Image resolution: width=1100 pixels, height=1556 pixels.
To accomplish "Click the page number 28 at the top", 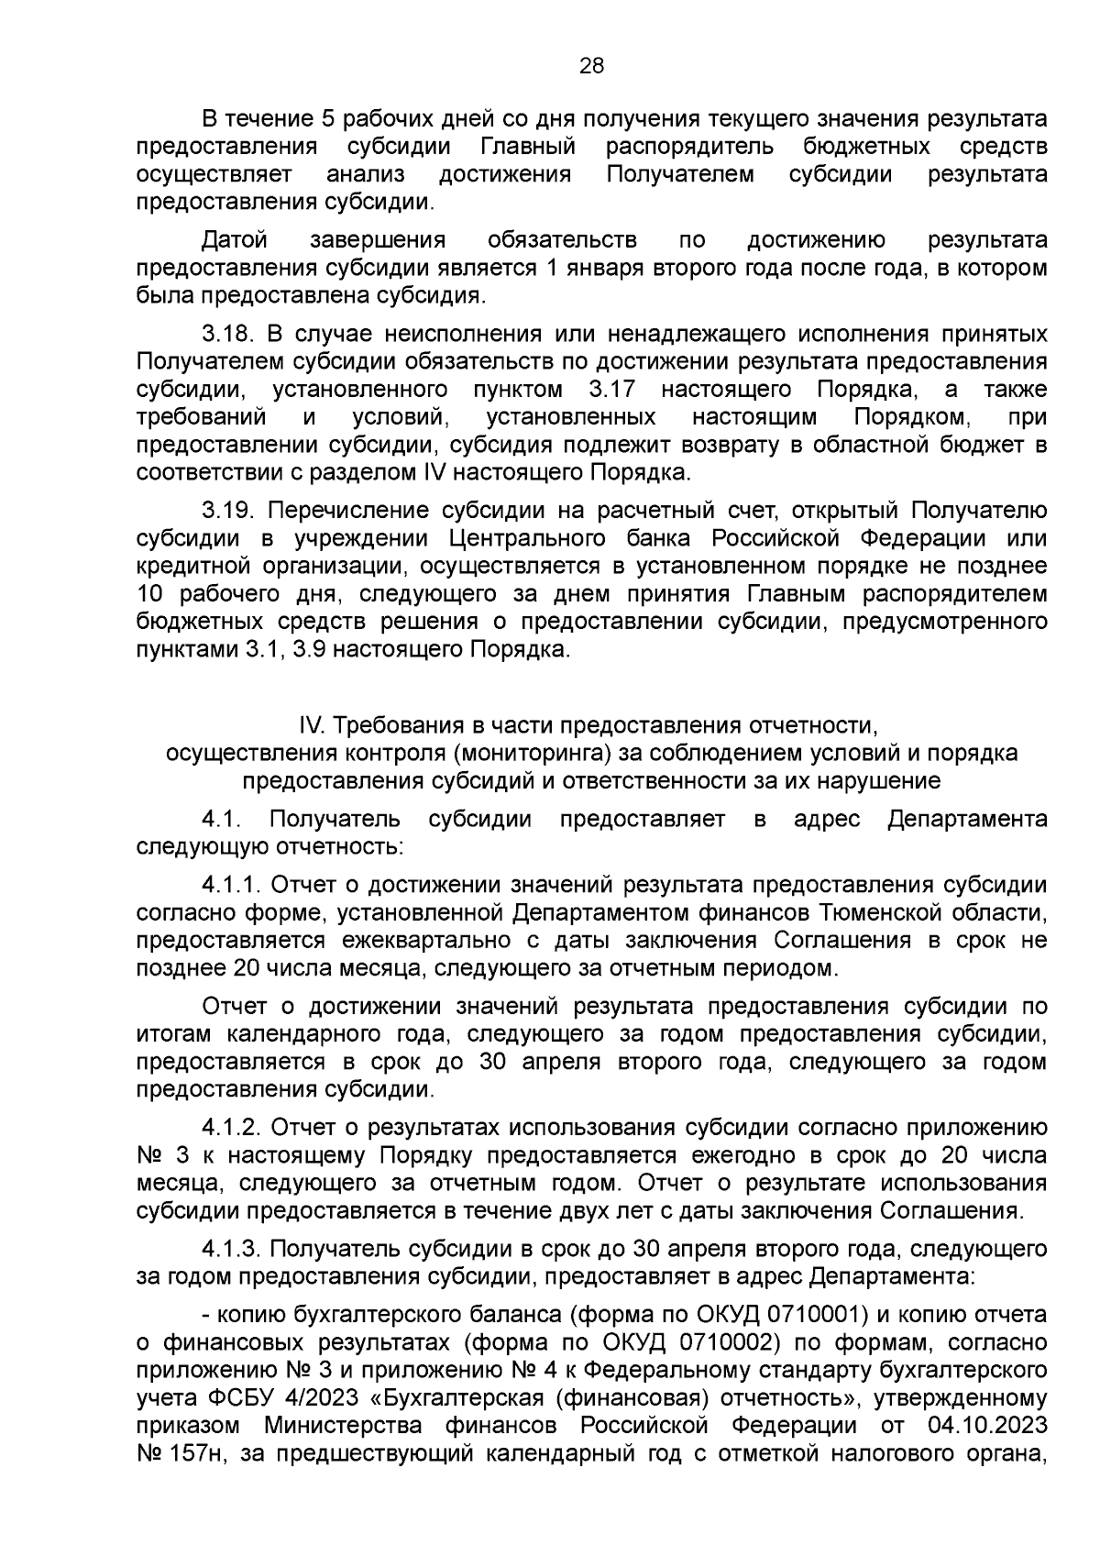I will pos(592,65).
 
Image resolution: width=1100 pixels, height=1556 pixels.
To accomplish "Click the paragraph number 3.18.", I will pos(225,335).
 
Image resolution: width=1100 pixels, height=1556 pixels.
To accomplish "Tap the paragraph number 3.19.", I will pos(225,511).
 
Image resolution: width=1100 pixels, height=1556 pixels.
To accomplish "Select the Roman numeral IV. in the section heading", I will pos(313,726).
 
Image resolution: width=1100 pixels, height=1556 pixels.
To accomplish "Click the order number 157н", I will pos(194,1455).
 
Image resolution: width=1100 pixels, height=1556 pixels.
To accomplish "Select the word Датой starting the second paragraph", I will pos(235,241).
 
